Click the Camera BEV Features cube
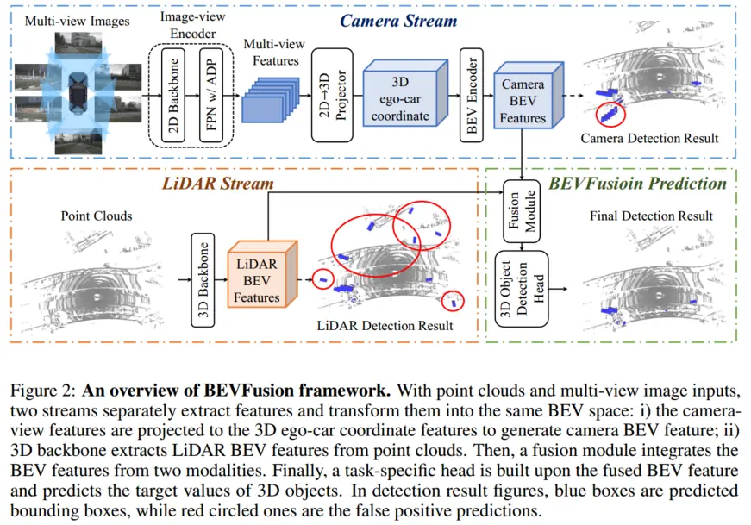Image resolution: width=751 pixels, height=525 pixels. point(523,101)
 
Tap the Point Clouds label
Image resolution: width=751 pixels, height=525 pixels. point(97,216)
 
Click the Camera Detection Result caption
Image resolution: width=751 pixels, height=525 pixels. point(649,138)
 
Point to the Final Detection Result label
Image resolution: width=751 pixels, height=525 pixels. point(651,216)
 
